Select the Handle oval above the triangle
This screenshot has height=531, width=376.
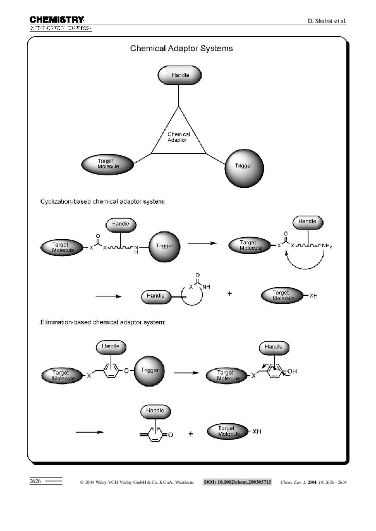click(179, 75)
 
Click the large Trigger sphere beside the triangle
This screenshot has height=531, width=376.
click(243, 166)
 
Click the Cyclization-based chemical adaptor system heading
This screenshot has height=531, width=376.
click(100, 202)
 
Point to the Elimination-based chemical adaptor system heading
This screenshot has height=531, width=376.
click(100, 323)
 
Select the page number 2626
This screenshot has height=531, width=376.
click(35, 481)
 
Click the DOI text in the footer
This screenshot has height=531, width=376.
click(237, 482)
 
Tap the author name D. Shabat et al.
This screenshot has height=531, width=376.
click(327, 21)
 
